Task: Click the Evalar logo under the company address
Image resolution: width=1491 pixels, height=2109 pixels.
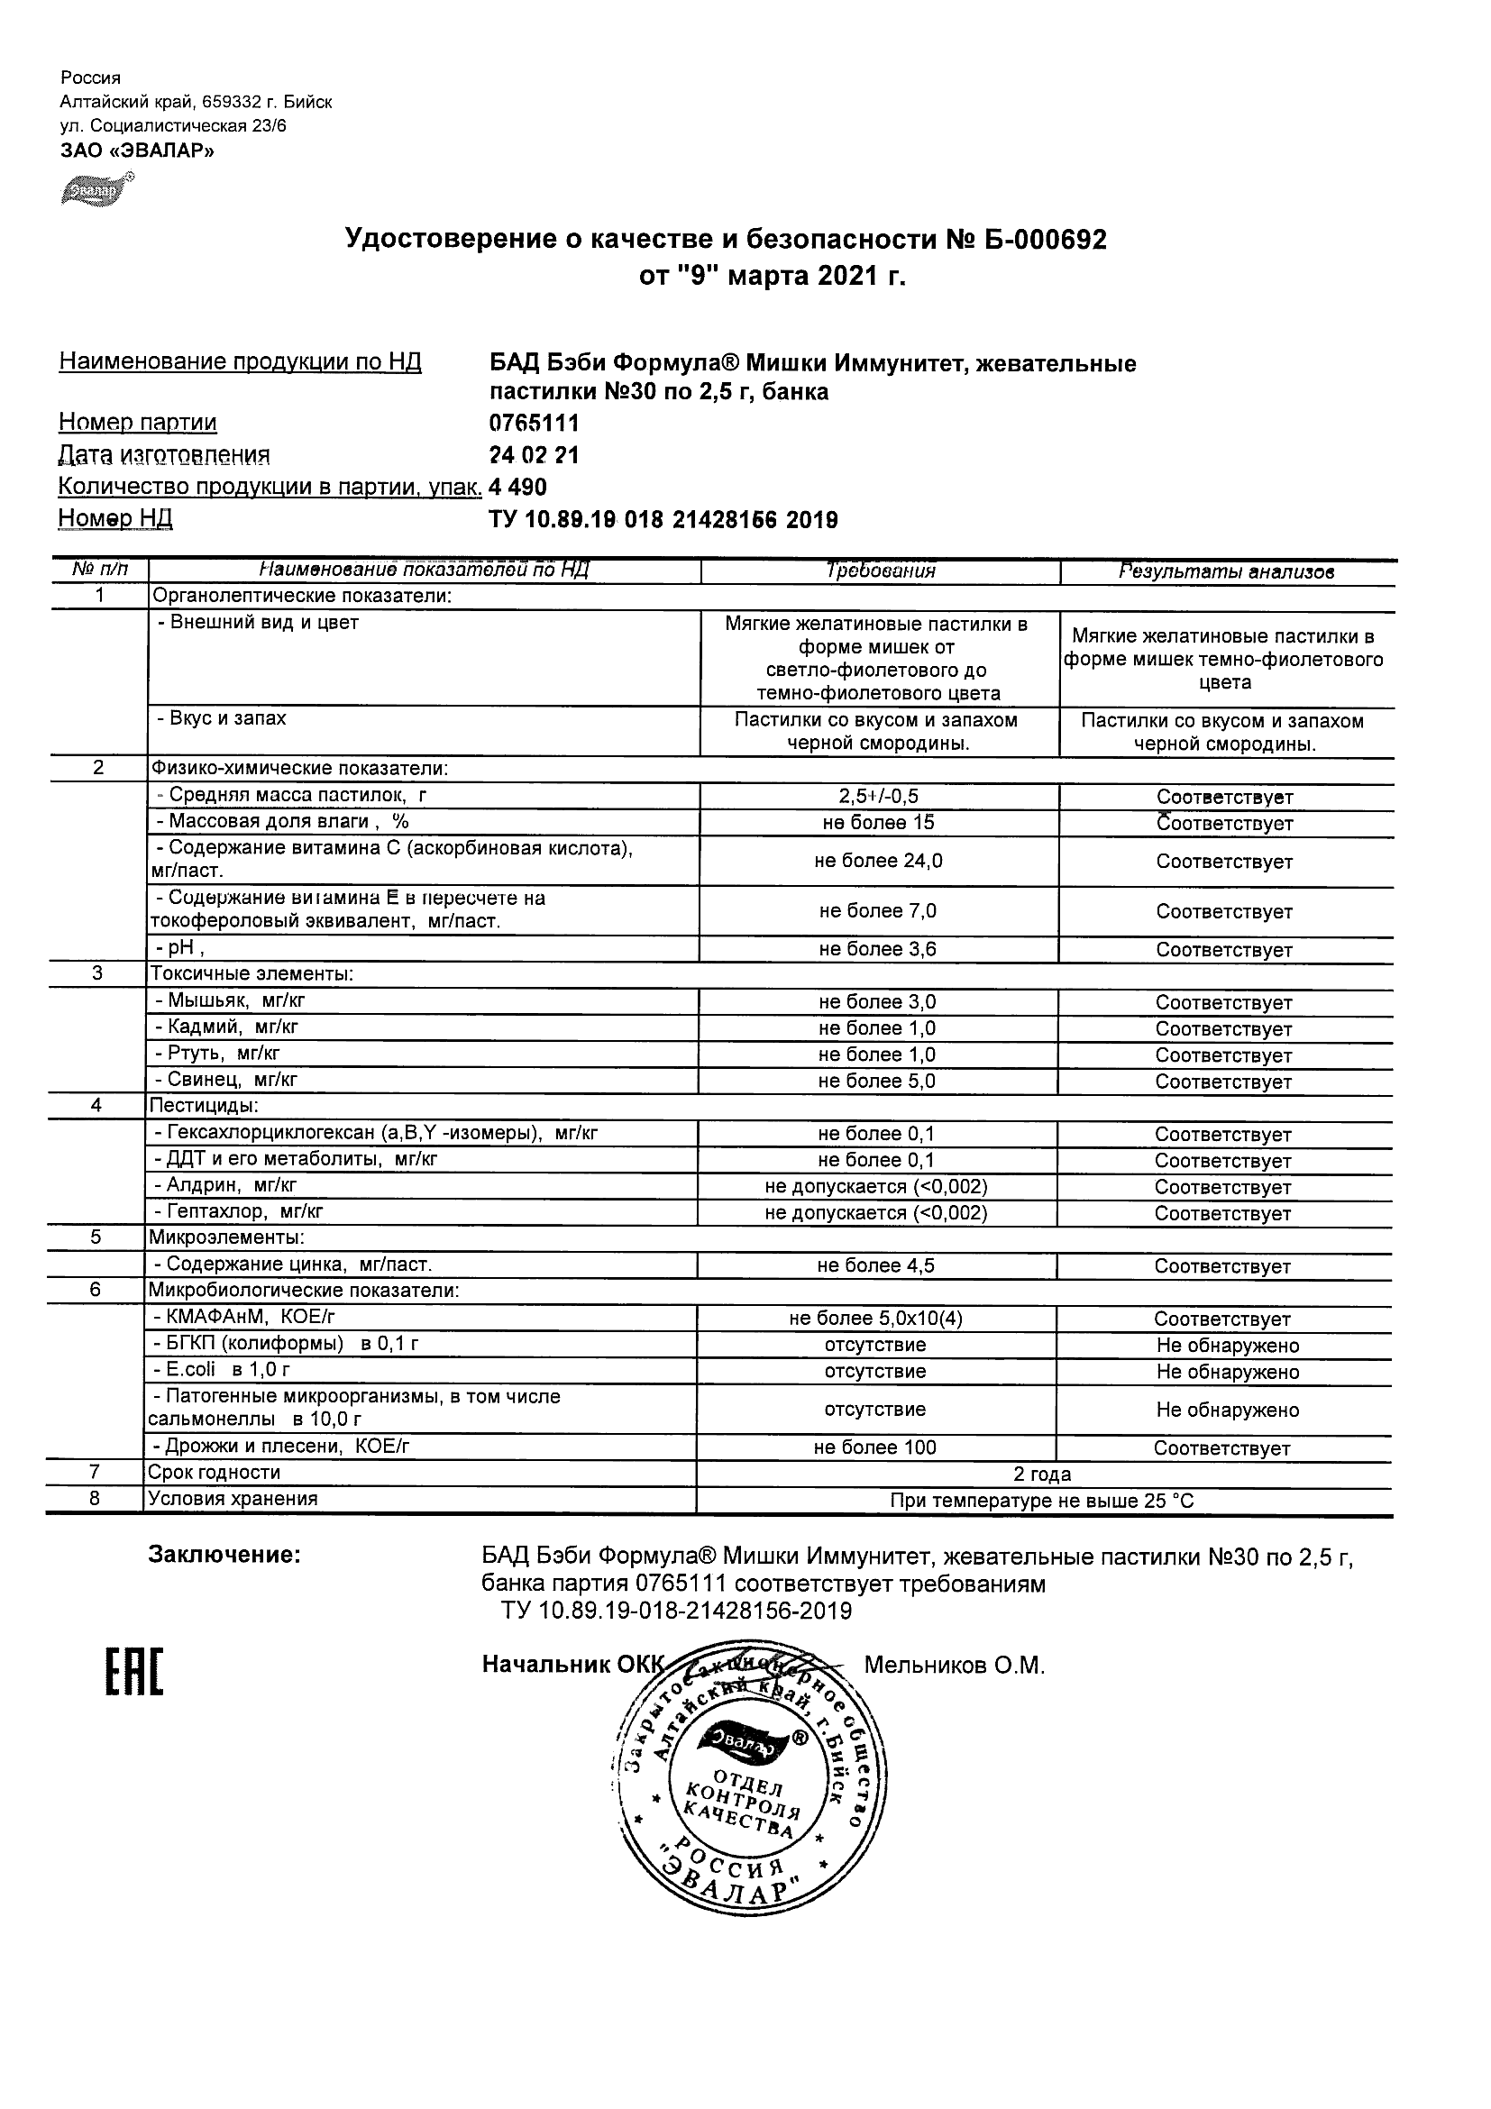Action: click(x=96, y=189)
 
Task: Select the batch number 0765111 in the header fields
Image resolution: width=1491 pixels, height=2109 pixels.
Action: click(x=534, y=424)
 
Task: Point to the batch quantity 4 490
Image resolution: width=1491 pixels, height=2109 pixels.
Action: click(x=518, y=487)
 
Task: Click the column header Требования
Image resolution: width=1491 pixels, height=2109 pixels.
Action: click(x=880, y=571)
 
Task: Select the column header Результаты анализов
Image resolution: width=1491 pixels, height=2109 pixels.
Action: click(x=1225, y=571)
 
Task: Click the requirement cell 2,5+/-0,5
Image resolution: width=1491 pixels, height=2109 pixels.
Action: click(x=878, y=797)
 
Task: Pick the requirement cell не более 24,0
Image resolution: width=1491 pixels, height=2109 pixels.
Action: click(x=878, y=861)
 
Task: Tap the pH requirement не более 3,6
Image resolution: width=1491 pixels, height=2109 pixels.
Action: click(x=877, y=949)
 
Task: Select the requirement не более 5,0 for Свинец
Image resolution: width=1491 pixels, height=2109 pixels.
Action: click(x=876, y=1082)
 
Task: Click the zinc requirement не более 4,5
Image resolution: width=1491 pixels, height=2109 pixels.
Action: click(x=875, y=1265)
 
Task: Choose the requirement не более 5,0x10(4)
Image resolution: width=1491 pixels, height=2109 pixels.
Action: click(x=875, y=1318)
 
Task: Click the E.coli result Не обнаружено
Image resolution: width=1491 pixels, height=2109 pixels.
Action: click(x=1228, y=1373)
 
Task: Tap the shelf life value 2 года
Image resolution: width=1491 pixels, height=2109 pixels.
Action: click(x=1042, y=1474)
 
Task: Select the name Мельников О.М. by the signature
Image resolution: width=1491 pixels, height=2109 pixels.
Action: click(x=955, y=1666)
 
